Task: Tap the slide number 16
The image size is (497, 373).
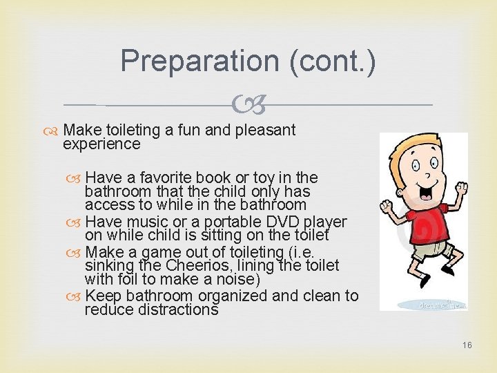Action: point(467,345)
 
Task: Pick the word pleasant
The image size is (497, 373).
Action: point(266,130)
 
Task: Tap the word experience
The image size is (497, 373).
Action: point(101,144)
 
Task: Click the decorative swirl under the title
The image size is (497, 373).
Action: point(248,105)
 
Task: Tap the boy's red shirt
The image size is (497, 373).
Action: point(422,229)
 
